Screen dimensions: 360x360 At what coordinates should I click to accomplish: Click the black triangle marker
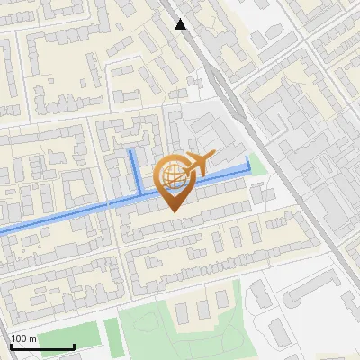coord(181,23)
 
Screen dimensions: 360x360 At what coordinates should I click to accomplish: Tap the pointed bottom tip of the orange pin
coord(174,211)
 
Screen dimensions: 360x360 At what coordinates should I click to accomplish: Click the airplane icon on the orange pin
coord(199,165)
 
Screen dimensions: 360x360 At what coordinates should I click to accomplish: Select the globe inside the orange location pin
coord(173,176)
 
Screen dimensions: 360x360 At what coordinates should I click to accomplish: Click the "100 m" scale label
coord(23,337)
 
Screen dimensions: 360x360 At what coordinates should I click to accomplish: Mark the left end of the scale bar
coord(11,346)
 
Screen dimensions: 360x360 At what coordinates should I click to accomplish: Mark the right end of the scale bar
coord(74,346)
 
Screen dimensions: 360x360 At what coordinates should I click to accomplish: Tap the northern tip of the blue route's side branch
coord(132,152)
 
